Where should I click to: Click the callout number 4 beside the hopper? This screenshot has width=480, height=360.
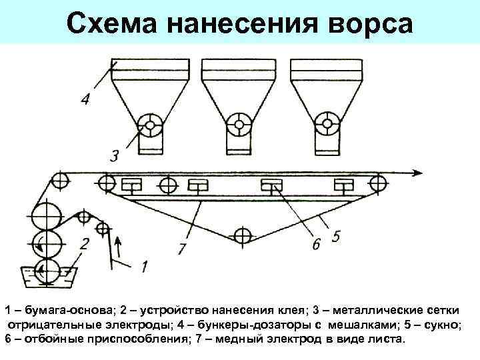click(85, 100)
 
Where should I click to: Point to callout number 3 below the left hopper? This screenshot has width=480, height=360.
click(115, 157)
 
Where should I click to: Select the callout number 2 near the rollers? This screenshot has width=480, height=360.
click(85, 243)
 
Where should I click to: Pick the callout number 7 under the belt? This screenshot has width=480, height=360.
click(182, 248)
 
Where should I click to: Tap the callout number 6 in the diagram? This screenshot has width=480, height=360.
click(316, 244)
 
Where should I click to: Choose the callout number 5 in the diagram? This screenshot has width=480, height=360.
click(337, 235)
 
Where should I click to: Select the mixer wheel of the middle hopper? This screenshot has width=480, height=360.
click(237, 124)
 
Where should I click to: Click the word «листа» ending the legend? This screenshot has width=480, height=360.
click(387, 339)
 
